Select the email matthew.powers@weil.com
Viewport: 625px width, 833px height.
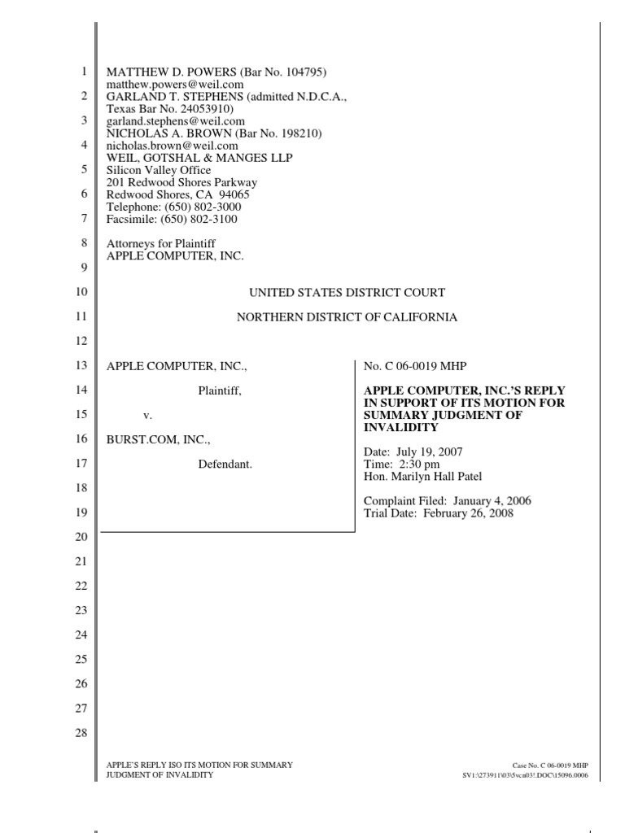[x=175, y=85]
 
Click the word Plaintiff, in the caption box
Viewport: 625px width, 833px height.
[x=220, y=391]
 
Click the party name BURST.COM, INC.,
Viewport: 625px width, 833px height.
[x=159, y=440]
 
